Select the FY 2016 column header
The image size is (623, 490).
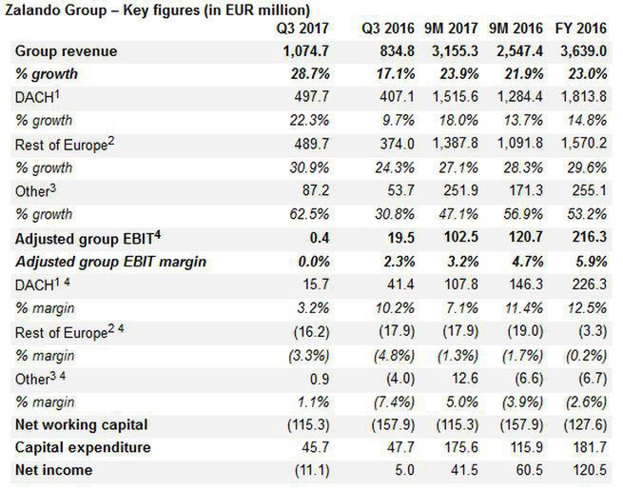pos(586,29)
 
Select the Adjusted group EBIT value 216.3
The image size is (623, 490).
pos(590,237)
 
